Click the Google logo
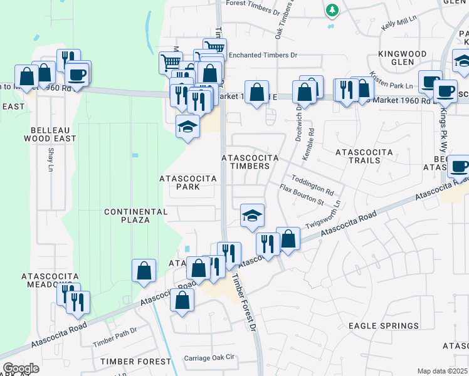point(21,368)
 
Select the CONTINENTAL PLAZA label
point(135,216)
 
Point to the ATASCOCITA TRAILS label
point(364,156)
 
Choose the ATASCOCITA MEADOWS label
point(50,280)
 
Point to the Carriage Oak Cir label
point(209,358)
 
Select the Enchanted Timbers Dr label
point(263,55)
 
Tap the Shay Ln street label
point(51,158)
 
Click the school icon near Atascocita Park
point(187,127)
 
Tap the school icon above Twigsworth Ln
point(252,216)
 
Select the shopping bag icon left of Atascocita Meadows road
point(144,271)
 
